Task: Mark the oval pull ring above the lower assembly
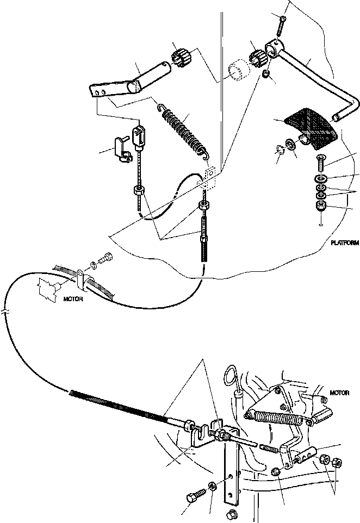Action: [x=232, y=376]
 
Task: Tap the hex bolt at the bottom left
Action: [x=195, y=497]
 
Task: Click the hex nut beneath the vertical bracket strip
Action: [x=229, y=514]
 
